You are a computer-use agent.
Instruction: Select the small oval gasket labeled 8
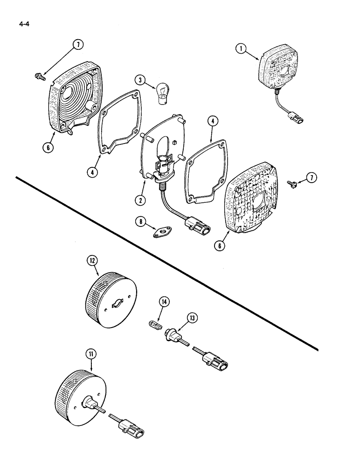tap(162, 232)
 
